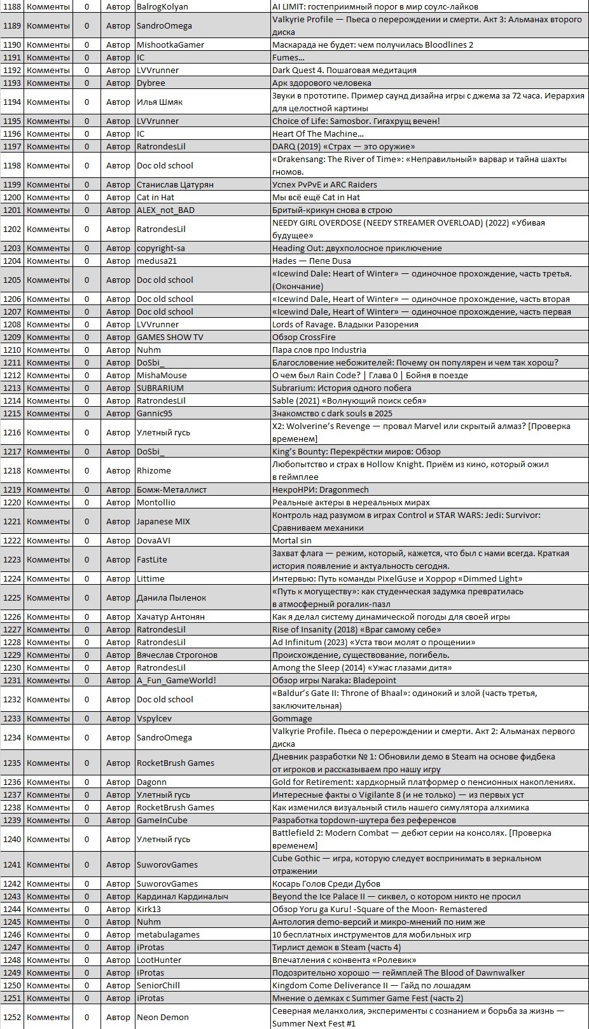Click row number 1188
coord(12,6)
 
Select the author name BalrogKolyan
coord(162,6)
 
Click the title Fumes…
coord(288,57)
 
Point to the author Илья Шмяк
coord(160,102)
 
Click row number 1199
coord(12,184)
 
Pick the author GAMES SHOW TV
coord(170,337)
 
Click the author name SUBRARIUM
coord(160,388)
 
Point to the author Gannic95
coord(155,413)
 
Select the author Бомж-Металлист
coord(172,489)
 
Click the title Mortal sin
coord(292,540)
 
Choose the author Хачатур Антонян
coord(170,617)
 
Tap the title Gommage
coord(292,718)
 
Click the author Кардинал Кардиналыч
coord(183,896)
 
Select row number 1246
coord(12,934)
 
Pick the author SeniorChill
coord(158,985)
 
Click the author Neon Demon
coord(163,1017)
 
